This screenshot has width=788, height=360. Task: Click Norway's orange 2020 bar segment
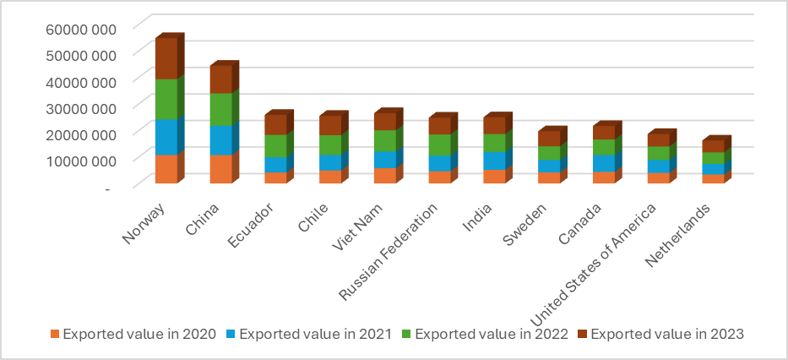(166, 169)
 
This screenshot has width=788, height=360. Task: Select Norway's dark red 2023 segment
(166, 58)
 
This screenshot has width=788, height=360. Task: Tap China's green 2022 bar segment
(220, 109)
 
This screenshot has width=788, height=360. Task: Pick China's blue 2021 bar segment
(220, 140)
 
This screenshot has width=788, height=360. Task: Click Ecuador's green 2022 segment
(275, 145)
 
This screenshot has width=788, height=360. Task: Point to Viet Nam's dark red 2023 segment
(385, 121)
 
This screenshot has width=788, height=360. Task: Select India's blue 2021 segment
(494, 161)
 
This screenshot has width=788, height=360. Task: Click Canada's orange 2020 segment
(603, 177)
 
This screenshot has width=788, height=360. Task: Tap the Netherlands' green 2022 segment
(713, 158)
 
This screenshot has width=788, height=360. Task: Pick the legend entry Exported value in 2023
(667, 334)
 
